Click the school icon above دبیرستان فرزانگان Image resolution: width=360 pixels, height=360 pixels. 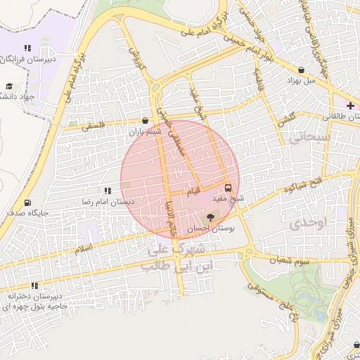(27, 49)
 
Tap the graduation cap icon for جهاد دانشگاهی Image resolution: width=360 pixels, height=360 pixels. (9, 85)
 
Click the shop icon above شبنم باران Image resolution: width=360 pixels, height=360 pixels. (146, 120)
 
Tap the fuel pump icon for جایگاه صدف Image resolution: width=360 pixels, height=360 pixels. (27, 202)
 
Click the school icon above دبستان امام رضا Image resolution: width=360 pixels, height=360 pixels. (108, 191)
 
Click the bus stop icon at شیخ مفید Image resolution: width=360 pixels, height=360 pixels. (228, 188)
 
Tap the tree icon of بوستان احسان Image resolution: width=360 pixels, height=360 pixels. (211, 217)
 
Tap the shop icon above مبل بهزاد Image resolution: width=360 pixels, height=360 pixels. (302, 70)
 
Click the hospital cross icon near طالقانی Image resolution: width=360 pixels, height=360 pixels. (350, 105)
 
